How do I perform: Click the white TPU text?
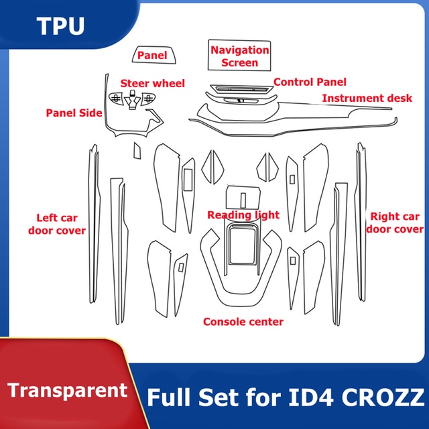coord(60,26)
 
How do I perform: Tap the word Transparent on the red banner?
coord(68,390)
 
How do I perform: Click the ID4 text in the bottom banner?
coord(311,397)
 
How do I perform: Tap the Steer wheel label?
coord(153,83)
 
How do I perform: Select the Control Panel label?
coord(310,82)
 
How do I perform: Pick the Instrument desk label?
coord(367,98)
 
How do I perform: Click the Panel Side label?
coord(74,113)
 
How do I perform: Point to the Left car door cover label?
coord(57,224)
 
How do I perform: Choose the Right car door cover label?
coord(395,223)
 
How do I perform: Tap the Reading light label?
coord(243,214)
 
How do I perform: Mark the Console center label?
coord(243,322)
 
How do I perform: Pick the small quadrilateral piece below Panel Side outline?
coord(137,150)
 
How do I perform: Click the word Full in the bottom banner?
coord(168,397)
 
